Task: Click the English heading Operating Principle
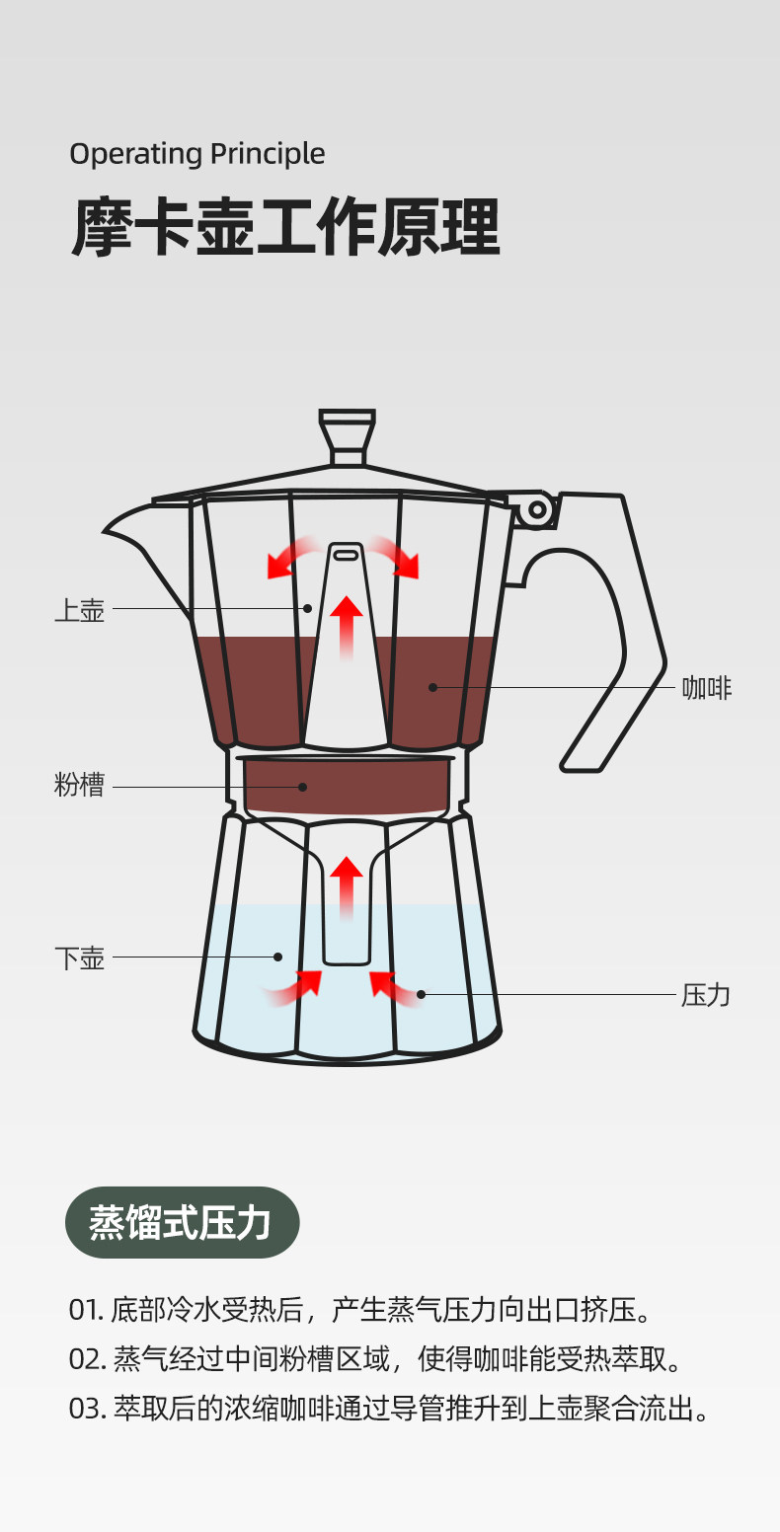[x=196, y=154]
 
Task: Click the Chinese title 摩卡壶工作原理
[x=285, y=229]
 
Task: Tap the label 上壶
[x=79, y=610]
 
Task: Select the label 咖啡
[x=707, y=688]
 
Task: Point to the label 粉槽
[x=79, y=787]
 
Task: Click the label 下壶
[x=79, y=957]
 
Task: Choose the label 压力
[x=706, y=995]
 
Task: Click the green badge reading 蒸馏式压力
[x=182, y=1222]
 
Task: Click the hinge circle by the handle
[x=537, y=509]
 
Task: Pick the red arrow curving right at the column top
[x=398, y=558]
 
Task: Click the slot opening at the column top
[x=346, y=556]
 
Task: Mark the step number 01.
[x=85, y=1311]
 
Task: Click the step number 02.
[x=87, y=1359]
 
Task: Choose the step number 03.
[x=87, y=1409]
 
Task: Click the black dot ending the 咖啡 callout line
[x=432, y=687]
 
